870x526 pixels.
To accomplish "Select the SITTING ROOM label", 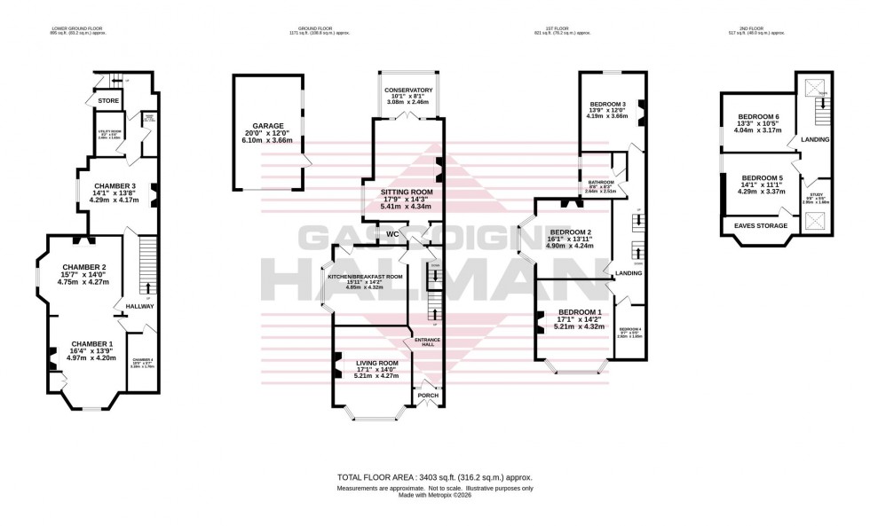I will (407, 192).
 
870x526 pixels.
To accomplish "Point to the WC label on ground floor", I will (391, 234).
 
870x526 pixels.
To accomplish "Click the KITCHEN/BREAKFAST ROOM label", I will (365, 277).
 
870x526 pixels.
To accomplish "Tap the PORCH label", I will (428, 395).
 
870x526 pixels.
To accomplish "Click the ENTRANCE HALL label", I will (427, 342).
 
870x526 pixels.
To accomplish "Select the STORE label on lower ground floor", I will (108, 101).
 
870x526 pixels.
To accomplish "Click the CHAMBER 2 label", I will (84, 267).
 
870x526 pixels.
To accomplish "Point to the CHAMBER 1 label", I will (92, 343).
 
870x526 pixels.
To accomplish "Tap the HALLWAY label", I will (140, 306).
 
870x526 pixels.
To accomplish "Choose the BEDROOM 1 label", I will (580, 312).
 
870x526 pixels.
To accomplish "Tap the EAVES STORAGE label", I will (756, 225).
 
